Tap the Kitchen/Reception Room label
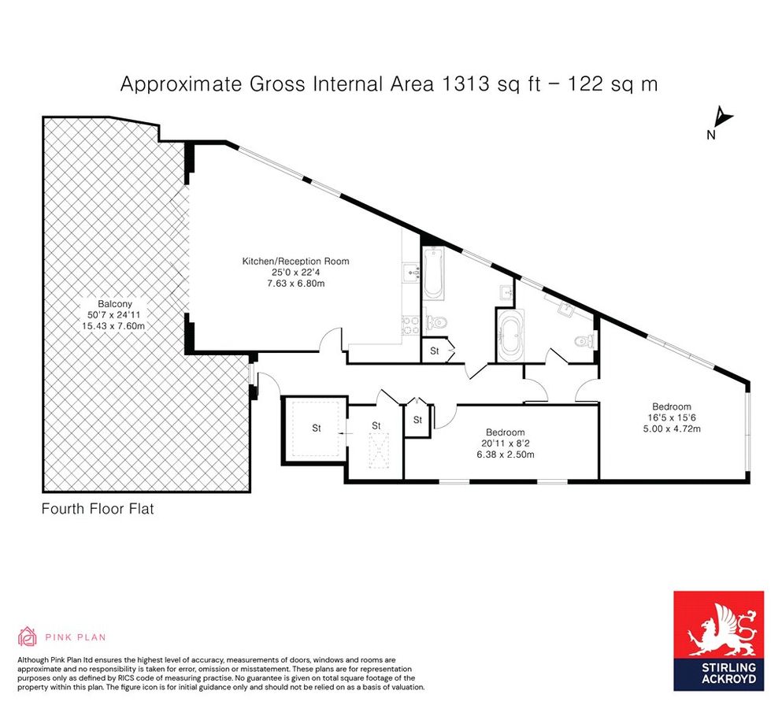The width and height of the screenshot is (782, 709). [x=295, y=261]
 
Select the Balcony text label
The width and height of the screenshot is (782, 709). [x=115, y=304]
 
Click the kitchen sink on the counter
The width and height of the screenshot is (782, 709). [x=411, y=273]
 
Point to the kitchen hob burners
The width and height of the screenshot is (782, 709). [x=411, y=325]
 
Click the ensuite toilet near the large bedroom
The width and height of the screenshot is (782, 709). [x=584, y=341]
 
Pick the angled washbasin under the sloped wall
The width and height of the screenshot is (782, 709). [x=567, y=309]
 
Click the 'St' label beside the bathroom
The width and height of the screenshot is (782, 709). [x=435, y=351]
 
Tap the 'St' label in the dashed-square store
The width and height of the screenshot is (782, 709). [x=317, y=428]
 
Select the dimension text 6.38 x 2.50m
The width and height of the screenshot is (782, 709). [x=506, y=455]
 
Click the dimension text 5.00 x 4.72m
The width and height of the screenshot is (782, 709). [x=672, y=429]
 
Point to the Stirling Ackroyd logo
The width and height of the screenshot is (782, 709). [x=719, y=640]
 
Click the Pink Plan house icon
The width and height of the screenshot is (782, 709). [x=28, y=637]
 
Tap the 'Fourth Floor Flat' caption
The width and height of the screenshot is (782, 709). [x=98, y=509]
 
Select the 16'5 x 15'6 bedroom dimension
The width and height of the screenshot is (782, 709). [x=672, y=418]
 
